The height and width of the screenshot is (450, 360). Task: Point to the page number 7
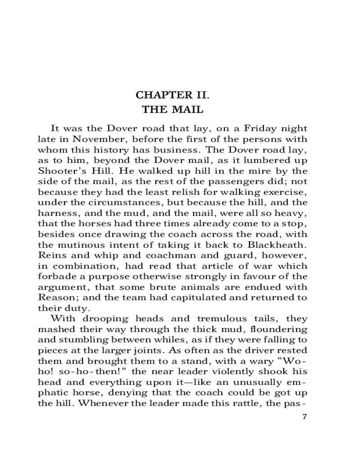coord(305,416)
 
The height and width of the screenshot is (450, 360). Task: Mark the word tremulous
coord(205,319)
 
